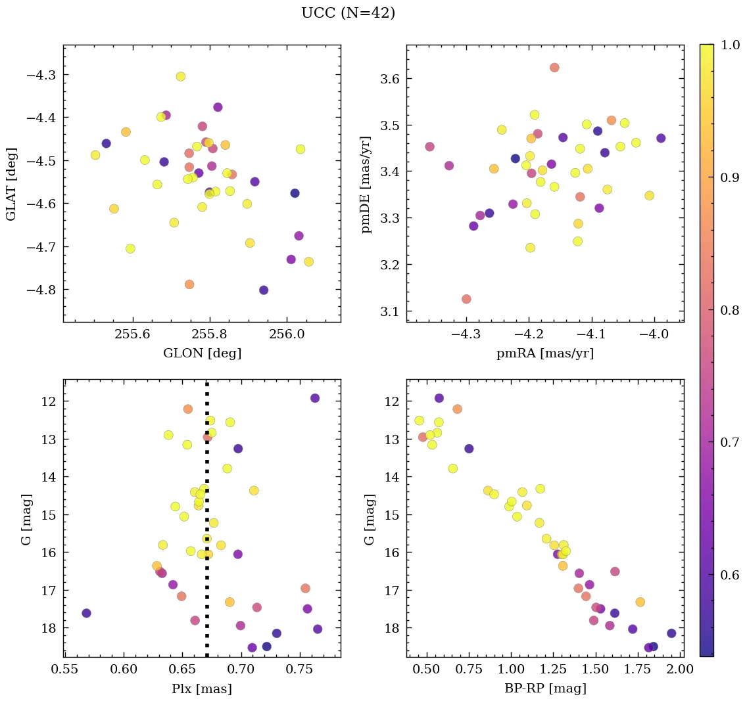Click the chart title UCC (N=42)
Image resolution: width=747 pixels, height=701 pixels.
click(x=348, y=13)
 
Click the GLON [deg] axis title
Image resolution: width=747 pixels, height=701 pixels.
click(x=202, y=353)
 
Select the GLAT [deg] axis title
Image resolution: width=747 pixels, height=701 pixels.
click(x=11, y=183)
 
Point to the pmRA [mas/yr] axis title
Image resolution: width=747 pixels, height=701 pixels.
click(x=544, y=353)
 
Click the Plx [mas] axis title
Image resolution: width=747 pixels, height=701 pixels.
click(x=202, y=689)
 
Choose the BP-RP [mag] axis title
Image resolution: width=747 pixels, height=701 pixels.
click(x=544, y=689)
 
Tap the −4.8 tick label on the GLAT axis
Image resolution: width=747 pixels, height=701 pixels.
click(x=41, y=290)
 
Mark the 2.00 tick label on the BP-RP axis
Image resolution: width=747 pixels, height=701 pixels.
click(x=680, y=670)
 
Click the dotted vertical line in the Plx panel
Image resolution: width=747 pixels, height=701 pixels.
click(x=207, y=591)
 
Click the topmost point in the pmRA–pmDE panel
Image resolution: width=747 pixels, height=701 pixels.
click(x=554, y=68)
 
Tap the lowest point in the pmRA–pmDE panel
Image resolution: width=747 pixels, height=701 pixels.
click(x=466, y=299)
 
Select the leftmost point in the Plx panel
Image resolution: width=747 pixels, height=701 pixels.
click(x=86, y=613)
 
